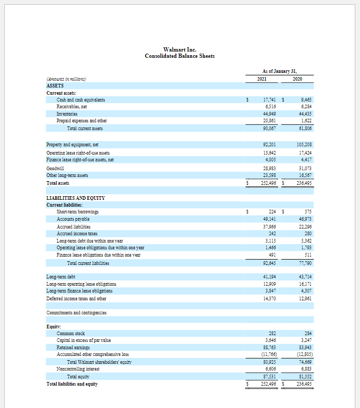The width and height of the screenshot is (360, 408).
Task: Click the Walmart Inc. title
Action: (x=179, y=49)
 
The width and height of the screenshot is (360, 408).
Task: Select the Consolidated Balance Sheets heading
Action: (x=179, y=56)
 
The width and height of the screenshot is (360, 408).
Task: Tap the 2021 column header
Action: (x=263, y=79)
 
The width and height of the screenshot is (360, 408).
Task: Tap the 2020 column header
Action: (x=297, y=79)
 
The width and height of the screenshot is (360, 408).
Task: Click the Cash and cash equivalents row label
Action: (x=81, y=99)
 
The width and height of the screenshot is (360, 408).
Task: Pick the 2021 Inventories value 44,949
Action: (x=269, y=113)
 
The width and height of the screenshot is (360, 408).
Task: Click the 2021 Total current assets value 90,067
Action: (x=269, y=127)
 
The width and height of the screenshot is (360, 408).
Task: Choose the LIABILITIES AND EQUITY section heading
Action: (x=76, y=198)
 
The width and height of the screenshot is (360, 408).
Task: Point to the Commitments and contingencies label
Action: (x=76, y=312)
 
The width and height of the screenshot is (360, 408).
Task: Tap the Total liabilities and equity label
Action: (x=72, y=384)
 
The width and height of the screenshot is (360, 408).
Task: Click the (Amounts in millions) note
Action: (x=66, y=79)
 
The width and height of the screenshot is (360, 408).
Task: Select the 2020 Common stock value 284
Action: (x=306, y=333)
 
